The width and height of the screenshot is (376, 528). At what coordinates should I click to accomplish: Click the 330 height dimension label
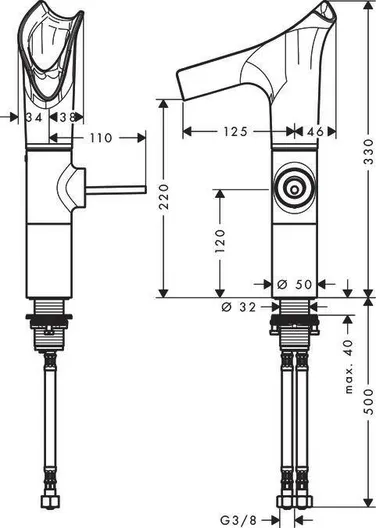(369, 152)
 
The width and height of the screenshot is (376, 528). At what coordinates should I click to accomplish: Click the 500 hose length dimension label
(369, 401)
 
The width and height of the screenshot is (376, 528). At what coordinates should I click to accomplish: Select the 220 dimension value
(164, 197)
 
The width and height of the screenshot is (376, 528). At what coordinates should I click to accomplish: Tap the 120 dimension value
(220, 241)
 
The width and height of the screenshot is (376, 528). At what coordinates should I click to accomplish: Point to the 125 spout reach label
(236, 131)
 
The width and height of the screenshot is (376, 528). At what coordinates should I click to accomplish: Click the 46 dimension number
(315, 131)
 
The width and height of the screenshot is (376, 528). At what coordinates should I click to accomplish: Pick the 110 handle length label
(101, 138)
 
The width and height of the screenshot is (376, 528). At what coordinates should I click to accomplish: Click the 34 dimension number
(34, 117)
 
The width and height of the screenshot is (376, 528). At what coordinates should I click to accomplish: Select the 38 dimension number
(67, 117)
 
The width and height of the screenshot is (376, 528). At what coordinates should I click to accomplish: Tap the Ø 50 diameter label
(295, 284)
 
